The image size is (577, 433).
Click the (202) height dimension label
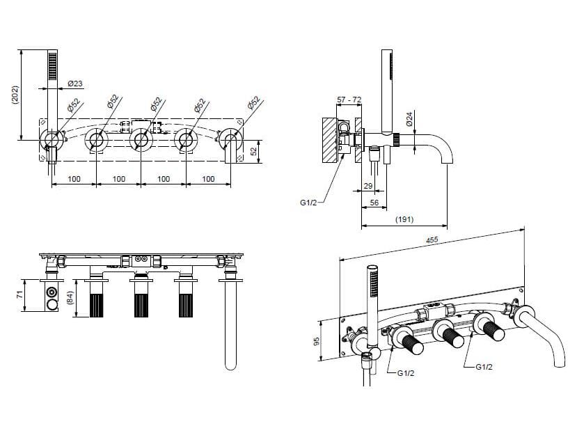click(15, 95)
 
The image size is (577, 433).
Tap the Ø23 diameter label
click(75, 84)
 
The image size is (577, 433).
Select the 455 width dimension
click(432, 239)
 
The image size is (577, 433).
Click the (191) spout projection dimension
click(404, 219)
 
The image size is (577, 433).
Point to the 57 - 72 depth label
click(349, 100)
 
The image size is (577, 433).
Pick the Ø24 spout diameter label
click(409, 119)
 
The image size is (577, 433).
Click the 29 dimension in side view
click(368, 186)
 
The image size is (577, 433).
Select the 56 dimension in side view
click(374, 203)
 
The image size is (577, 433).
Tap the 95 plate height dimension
click(316, 341)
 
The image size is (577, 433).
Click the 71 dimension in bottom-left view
click(19, 294)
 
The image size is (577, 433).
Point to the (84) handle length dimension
click(70, 298)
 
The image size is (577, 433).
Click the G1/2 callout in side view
click(308, 202)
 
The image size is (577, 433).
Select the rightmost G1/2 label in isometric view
click(484, 367)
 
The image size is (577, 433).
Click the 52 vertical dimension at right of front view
click(253, 151)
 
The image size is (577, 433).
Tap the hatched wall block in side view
click(330, 140)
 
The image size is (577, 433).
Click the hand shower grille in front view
click(53, 65)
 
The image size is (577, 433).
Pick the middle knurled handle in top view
click(141, 306)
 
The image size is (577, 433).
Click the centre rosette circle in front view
click(141, 141)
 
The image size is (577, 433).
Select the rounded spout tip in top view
click(230, 365)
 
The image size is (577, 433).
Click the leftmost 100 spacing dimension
click(74, 179)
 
